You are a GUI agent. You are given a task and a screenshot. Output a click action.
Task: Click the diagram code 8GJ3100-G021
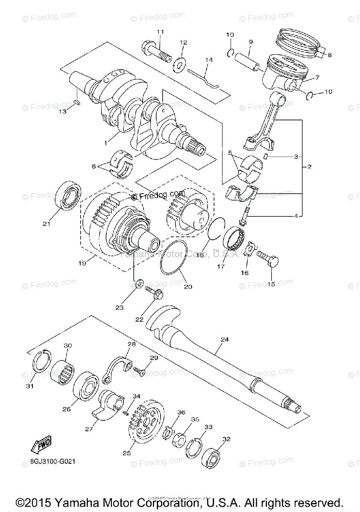[x=54, y=461]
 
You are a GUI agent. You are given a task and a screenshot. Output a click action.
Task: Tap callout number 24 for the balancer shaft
[x=225, y=339]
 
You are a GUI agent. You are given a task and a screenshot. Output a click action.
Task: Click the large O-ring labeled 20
[x=173, y=260]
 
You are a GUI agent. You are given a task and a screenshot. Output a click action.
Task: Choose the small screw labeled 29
[x=139, y=370]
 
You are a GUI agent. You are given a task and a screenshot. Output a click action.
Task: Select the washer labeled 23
[x=139, y=284]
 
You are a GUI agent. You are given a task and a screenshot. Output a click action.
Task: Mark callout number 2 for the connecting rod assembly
[x=309, y=167]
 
